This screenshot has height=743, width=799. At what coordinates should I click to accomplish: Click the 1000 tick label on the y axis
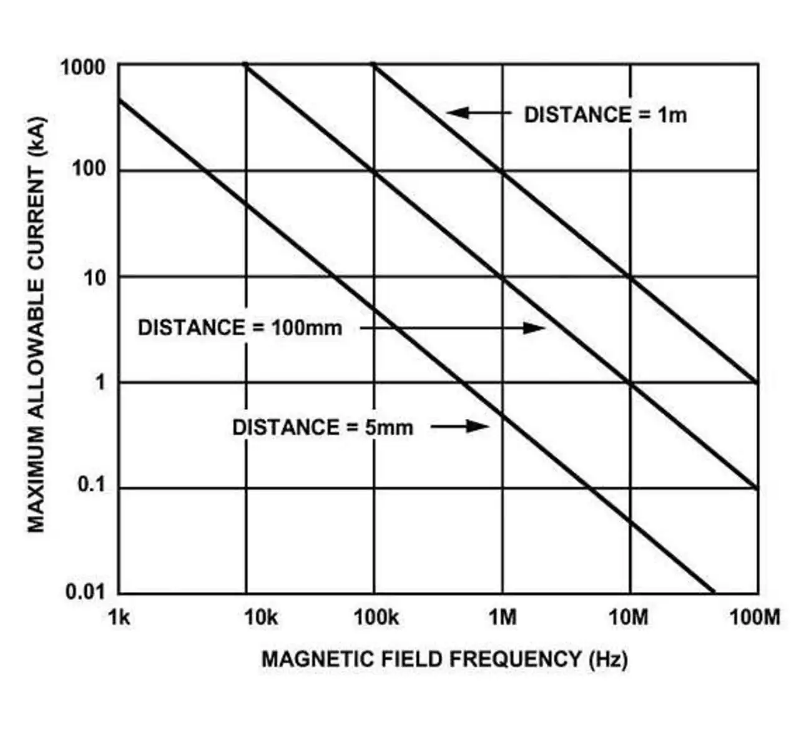click(x=82, y=67)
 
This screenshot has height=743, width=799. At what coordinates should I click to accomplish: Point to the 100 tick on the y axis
click(x=89, y=169)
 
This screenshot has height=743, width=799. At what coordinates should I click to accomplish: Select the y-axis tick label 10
click(x=95, y=277)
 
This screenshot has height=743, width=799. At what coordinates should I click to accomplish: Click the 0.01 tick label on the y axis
click(x=85, y=591)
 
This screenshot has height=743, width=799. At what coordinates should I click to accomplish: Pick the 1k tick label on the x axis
click(x=119, y=618)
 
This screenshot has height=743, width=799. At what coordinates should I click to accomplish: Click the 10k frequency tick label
click(x=260, y=618)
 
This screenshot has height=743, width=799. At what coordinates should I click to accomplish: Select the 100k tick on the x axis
click(x=376, y=618)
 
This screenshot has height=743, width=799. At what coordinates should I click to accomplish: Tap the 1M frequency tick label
click(x=502, y=618)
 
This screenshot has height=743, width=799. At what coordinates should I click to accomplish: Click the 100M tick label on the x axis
click(x=755, y=618)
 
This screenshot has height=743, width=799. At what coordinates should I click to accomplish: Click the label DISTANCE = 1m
click(x=605, y=115)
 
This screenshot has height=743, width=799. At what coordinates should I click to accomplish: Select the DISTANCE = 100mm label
click(x=240, y=328)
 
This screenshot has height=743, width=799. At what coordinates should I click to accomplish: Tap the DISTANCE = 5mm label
click(x=322, y=427)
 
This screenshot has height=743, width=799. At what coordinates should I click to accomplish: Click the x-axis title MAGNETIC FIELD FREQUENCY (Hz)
click(x=444, y=659)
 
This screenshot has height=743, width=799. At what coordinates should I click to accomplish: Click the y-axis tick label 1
click(x=100, y=382)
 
